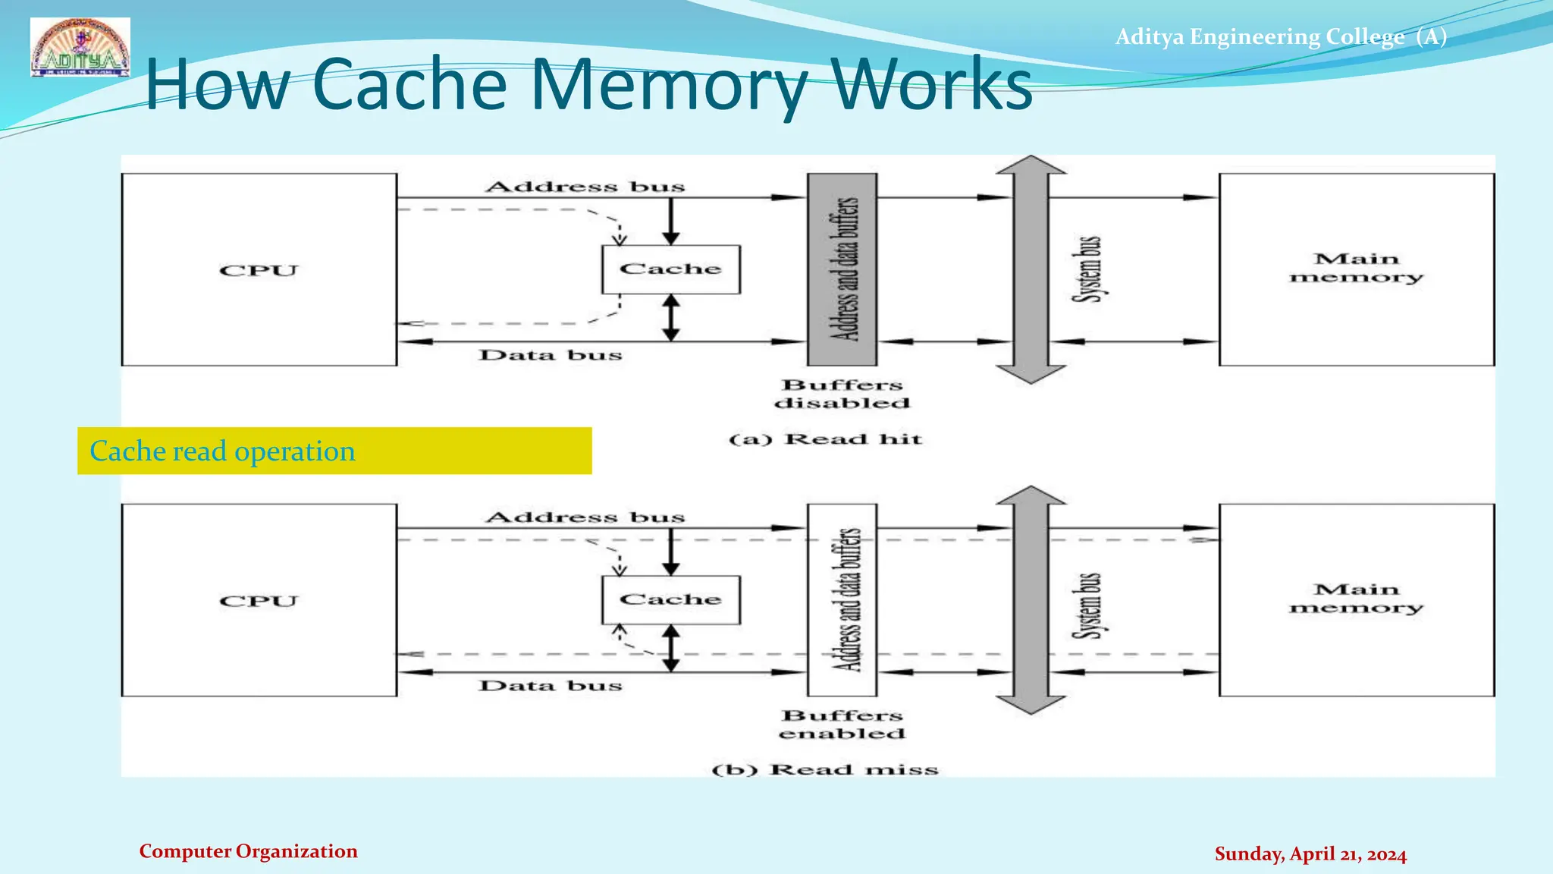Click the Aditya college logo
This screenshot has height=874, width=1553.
point(80,47)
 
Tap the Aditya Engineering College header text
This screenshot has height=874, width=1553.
point(1280,36)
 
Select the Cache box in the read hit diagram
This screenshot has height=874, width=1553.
point(670,269)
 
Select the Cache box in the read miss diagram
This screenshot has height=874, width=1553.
point(670,600)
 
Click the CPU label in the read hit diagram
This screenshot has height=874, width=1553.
point(259,271)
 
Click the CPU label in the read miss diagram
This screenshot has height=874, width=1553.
point(259,602)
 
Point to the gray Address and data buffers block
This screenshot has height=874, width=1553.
point(842,269)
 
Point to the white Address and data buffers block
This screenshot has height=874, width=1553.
point(842,599)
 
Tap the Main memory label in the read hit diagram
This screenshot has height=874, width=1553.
point(1356,269)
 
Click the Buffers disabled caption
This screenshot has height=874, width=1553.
point(842,395)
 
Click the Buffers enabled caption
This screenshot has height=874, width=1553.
point(842,725)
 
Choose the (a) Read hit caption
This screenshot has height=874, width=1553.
point(825,439)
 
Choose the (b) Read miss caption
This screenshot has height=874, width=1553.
point(825,770)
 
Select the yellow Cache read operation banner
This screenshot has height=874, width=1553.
point(334,451)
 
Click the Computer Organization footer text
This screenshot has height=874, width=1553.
point(248,851)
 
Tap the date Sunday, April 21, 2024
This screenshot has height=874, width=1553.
point(1310,854)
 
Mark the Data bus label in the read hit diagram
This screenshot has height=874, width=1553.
point(551,355)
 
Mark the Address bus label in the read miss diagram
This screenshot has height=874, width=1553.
point(585,517)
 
